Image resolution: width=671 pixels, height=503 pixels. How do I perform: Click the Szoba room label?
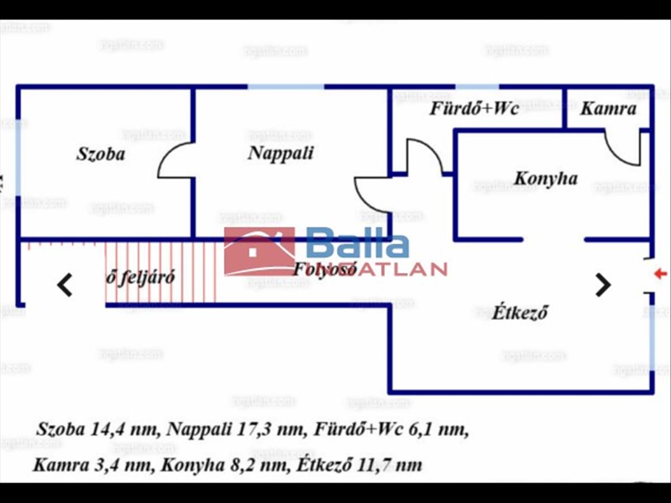[x=101, y=154]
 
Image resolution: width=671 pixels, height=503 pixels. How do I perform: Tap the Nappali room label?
[x=281, y=153]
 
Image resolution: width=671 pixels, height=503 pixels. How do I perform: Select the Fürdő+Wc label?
[x=474, y=108]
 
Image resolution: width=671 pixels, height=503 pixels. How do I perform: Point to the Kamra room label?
[x=608, y=108]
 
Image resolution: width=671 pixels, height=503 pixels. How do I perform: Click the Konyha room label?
[x=545, y=179]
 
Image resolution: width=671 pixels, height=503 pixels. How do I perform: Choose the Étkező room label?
[x=519, y=312]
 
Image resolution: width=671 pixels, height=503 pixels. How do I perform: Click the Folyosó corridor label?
[x=325, y=269]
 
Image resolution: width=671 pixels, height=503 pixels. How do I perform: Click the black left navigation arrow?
[x=65, y=285]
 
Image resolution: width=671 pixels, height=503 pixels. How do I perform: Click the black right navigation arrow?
[x=603, y=285]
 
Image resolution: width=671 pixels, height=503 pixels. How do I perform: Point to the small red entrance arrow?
[x=660, y=274]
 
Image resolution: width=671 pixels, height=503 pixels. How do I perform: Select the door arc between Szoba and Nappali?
[x=174, y=161]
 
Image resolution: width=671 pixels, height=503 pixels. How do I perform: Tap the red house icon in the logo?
[x=259, y=251]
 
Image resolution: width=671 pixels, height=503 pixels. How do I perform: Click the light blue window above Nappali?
[x=286, y=87]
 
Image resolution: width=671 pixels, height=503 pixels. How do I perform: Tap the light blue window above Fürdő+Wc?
[x=477, y=87]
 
